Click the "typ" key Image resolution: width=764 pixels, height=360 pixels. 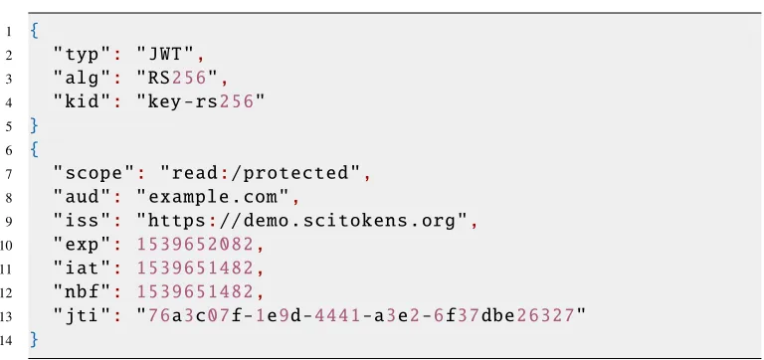83,55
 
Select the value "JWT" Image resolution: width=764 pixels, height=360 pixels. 167,55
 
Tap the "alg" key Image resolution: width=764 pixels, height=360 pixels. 83,79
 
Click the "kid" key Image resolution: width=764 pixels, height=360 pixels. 83,101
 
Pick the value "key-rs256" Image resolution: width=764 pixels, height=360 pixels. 201,101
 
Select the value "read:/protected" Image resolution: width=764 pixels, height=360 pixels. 261,173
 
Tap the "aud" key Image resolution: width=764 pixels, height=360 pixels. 83,197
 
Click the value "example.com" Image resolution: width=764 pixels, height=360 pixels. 213,197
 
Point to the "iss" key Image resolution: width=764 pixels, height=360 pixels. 83,220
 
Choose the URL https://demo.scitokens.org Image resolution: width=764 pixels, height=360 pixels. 302,221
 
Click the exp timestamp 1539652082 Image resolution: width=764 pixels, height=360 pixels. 195,244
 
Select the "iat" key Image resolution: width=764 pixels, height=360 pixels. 83,268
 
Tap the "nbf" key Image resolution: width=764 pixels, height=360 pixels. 83,291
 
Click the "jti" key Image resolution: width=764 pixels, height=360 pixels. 83,315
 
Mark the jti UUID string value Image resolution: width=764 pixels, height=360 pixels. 361,315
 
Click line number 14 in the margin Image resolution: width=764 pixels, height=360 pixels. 6,339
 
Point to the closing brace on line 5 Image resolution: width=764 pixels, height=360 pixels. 34,125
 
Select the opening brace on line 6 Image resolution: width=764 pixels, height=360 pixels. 34,149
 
